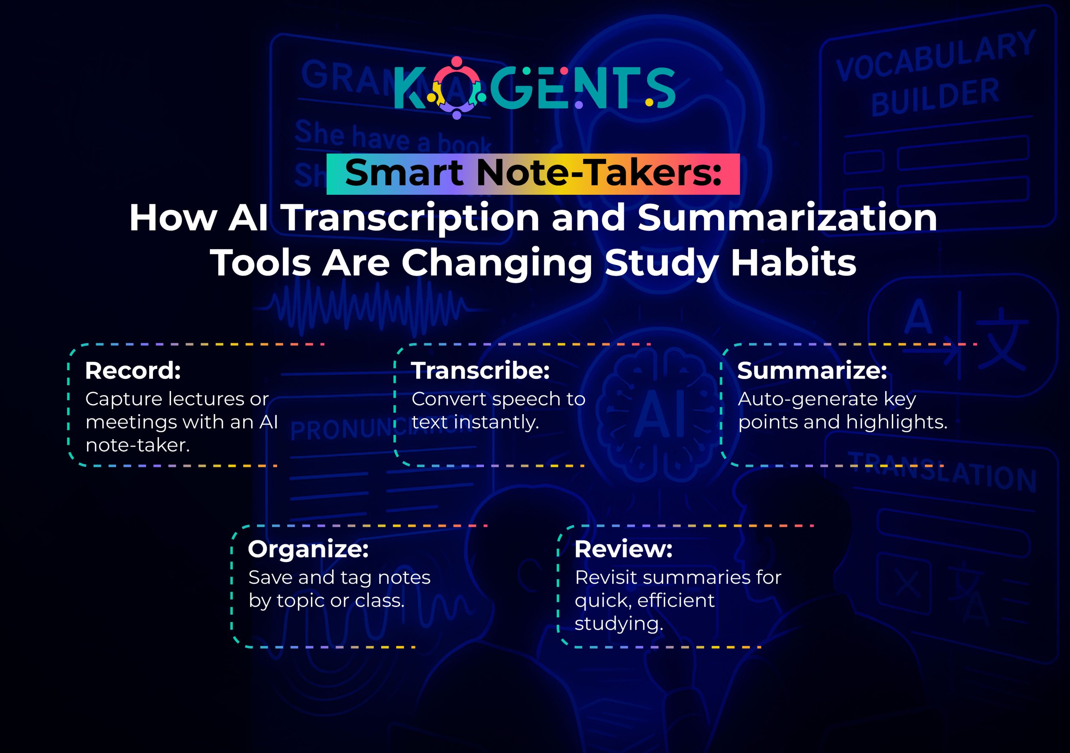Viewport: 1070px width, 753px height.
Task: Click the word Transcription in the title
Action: point(410,218)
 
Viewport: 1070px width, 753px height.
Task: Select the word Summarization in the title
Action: point(787,218)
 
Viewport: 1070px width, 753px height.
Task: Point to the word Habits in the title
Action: point(793,263)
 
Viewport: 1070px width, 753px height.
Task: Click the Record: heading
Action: point(133,371)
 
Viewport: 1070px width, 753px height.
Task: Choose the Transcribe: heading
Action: point(480,371)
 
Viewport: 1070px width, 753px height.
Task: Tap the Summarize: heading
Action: point(812,371)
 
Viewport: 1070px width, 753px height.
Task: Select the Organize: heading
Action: point(308,549)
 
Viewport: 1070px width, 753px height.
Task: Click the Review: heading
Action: point(623,549)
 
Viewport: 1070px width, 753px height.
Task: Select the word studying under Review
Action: point(619,624)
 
